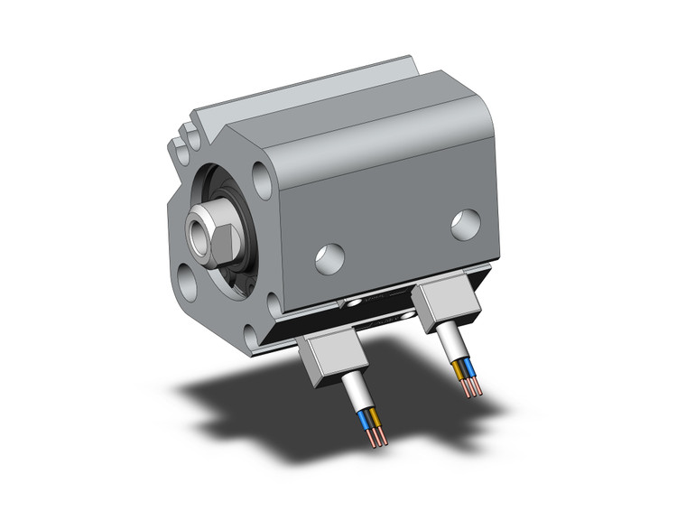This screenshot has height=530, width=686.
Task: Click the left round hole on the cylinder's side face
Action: pyautogui.click(x=329, y=259)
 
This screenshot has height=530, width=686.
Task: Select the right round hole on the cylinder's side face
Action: pyautogui.click(x=466, y=225)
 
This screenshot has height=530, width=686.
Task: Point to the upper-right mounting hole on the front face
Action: pyautogui.click(x=261, y=179)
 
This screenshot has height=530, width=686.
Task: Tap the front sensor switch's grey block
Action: pyautogui.click(x=327, y=358)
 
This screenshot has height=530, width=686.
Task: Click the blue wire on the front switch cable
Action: pyautogui.click(x=366, y=420)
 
